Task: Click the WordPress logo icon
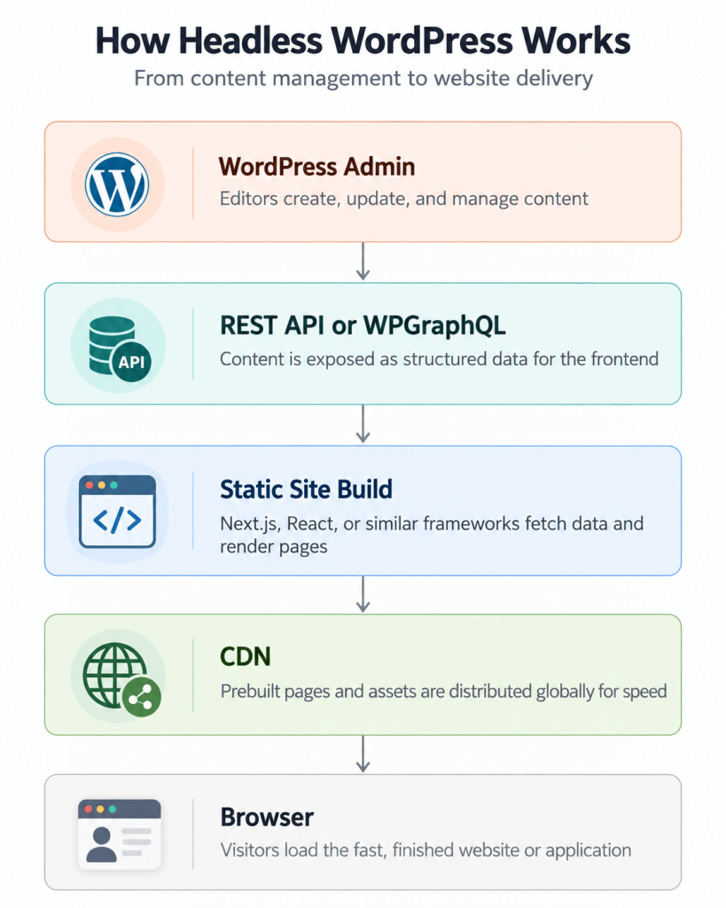pyautogui.click(x=117, y=184)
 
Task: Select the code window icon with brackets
pyautogui.click(x=118, y=512)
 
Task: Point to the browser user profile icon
pyautogui.click(x=120, y=834)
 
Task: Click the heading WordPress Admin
pyautogui.click(x=316, y=167)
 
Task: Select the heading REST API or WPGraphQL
pyautogui.click(x=363, y=325)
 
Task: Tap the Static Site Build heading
pyautogui.click(x=306, y=489)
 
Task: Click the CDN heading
pyautogui.click(x=246, y=657)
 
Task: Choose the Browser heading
pyautogui.click(x=267, y=817)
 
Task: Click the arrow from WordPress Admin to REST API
pyautogui.click(x=363, y=262)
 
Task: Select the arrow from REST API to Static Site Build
pyautogui.click(x=363, y=424)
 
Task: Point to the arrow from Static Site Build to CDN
pyautogui.click(x=363, y=593)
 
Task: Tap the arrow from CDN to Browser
pyautogui.click(x=363, y=754)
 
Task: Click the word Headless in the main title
pyautogui.click(x=250, y=41)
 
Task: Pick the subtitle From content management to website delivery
pyautogui.click(x=363, y=78)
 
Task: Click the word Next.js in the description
pyautogui.click(x=250, y=523)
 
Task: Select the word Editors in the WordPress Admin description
pyautogui.click(x=249, y=199)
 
